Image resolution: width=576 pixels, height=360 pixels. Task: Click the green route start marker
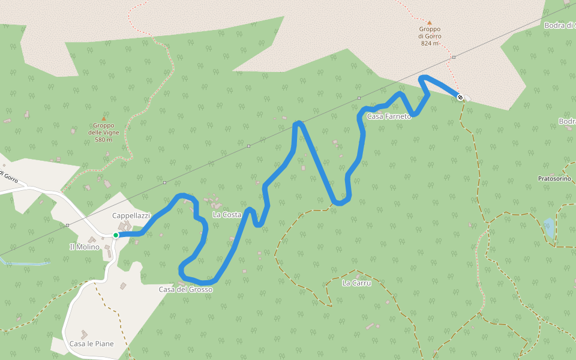click(x=116, y=235)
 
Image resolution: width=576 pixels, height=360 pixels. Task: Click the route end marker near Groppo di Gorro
click(x=460, y=97)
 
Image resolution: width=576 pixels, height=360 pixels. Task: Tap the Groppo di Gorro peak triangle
click(x=429, y=22)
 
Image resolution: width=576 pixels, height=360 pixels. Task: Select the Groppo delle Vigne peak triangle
click(x=103, y=119)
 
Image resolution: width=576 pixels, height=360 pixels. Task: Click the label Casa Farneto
click(x=389, y=116)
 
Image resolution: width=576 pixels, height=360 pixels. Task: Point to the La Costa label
click(x=227, y=214)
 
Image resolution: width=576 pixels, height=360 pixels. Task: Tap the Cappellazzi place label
click(x=131, y=215)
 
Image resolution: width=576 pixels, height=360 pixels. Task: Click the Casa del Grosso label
click(x=185, y=289)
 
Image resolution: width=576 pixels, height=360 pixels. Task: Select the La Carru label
click(x=356, y=283)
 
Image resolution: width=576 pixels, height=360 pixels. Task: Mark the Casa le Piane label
click(x=91, y=344)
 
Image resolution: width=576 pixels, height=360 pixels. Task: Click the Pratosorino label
click(x=554, y=179)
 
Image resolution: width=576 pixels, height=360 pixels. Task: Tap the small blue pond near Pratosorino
click(x=549, y=229)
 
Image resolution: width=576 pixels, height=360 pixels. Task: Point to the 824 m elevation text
click(x=430, y=43)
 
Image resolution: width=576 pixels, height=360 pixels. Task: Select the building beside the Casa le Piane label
click(x=85, y=334)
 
